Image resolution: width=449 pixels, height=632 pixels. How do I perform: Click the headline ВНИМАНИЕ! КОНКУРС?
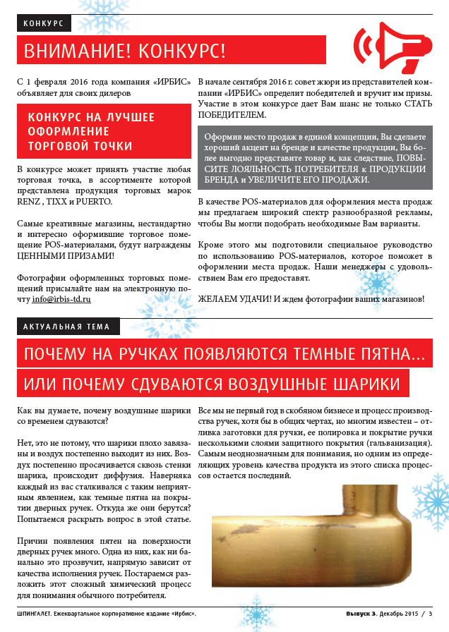(125, 51)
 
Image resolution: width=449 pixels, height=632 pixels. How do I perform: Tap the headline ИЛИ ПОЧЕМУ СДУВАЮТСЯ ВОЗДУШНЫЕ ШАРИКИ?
(212, 384)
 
